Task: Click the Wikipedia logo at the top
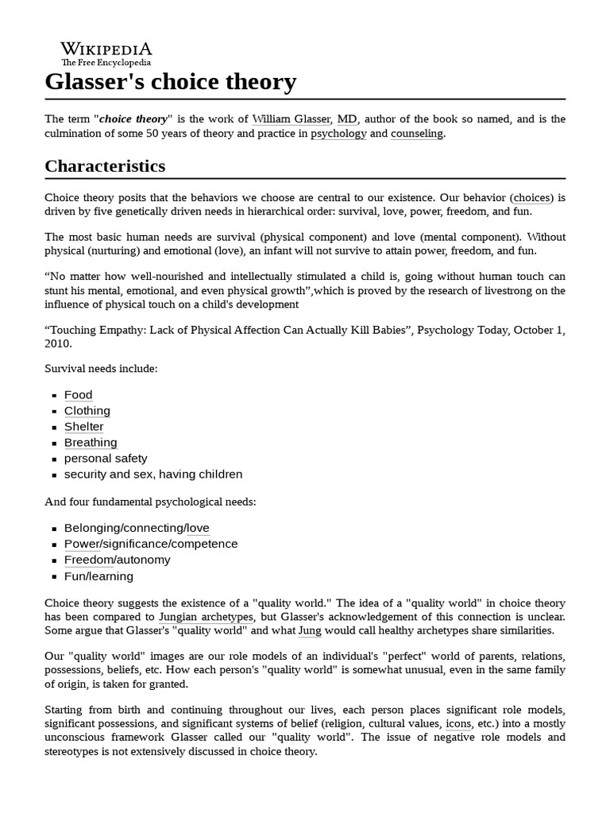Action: click(106, 53)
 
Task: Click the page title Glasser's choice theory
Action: click(171, 82)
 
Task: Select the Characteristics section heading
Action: click(105, 166)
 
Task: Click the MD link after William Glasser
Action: click(346, 119)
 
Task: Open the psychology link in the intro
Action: click(338, 134)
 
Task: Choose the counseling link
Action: click(416, 134)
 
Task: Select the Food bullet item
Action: click(79, 395)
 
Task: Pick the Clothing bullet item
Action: click(87, 411)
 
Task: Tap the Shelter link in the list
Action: click(84, 427)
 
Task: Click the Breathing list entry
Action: click(91, 443)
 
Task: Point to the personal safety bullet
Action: click(106, 459)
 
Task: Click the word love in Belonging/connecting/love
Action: click(198, 528)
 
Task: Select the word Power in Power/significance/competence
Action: click(82, 544)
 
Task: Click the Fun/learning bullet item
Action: click(98, 576)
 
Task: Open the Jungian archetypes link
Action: click(206, 617)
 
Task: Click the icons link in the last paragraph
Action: click(457, 723)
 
